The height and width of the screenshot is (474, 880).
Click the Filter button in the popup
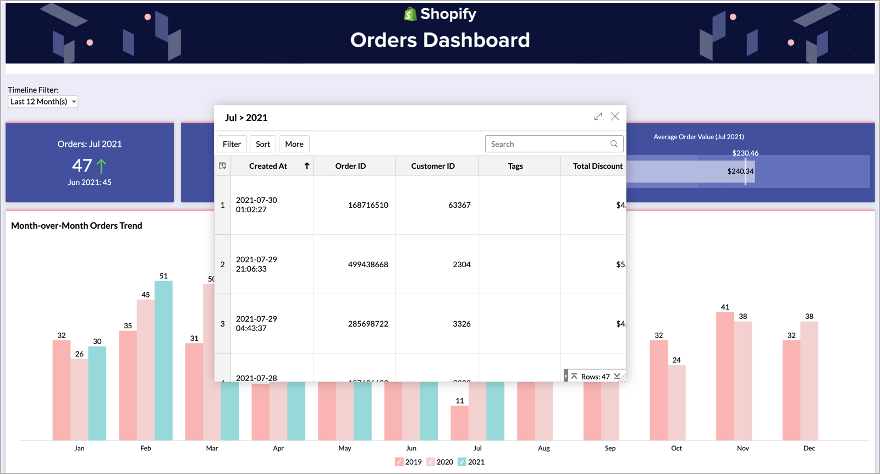tap(232, 144)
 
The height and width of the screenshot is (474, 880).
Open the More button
tap(294, 144)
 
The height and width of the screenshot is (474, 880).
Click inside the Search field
tap(547, 144)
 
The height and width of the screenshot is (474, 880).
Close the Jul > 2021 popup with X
tap(615, 117)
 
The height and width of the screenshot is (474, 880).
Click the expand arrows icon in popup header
tap(598, 117)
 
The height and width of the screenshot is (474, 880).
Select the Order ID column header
tap(350, 166)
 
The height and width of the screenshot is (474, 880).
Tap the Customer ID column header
tap(433, 166)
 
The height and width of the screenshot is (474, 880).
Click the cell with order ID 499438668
tap(367, 264)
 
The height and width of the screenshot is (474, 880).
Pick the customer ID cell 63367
tap(459, 205)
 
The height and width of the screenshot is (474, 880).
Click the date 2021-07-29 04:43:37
tap(257, 323)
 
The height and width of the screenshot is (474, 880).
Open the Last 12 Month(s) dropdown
tap(43, 102)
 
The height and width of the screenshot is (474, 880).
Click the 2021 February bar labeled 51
tap(163, 360)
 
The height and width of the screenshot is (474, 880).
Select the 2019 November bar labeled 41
tap(725, 376)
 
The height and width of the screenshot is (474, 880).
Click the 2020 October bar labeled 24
tap(676, 402)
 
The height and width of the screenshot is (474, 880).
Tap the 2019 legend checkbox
tap(399, 462)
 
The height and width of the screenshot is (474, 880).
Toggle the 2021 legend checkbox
tap(462, 462)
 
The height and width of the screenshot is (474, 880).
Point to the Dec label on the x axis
tap(809, 448)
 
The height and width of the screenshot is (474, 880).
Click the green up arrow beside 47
tap(101, 166)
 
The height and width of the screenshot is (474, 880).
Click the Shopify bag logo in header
tap(410, 14)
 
